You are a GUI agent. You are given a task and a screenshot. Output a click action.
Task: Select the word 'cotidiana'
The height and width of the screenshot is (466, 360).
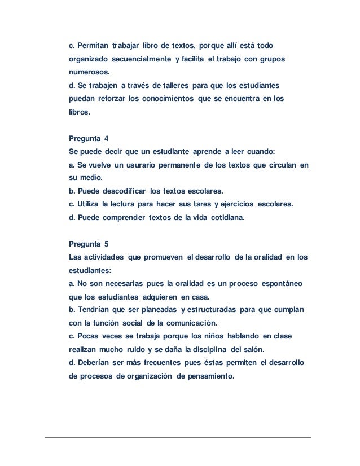click(x=223, y=217)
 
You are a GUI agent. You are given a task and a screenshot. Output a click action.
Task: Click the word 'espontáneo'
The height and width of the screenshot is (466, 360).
click(x=279, y=284)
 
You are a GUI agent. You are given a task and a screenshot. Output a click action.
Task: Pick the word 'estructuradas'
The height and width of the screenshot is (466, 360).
click(x=215, y=310)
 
